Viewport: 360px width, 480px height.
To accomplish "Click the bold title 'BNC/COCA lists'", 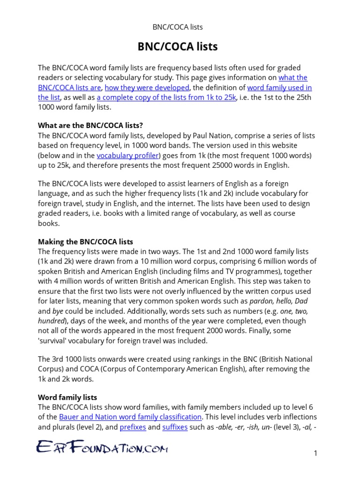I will pyautogui.click(x=177, y=46).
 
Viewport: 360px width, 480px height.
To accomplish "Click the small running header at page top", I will pyautogui.click(x=177, y=27).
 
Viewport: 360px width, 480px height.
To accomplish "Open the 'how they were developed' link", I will pyautogui.click(x=147, y=88).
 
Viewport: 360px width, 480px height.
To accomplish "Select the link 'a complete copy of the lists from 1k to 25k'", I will pyautogui.click(x=166, y=97).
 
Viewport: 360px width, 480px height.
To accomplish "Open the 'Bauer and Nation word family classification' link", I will pyautogui.click(x=130, y=417).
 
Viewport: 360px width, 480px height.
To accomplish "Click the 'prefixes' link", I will pyautogui.click(x=133, y=427).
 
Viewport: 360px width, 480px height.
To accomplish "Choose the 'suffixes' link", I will pyautogui.click(x=175, y=427).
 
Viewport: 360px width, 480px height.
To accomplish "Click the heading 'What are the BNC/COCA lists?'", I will pyautogui.click(x=90, y=126).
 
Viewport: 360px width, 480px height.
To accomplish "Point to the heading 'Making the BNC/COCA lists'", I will pyautogui.click(x=85, y=242).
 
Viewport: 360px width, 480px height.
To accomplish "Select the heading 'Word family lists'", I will pyautogui.click(x=67, y=397).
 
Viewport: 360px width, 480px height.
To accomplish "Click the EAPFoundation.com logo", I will pyautogui.click(x=102, y=448).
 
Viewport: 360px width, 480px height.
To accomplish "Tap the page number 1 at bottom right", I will pyautogui.click(x=316, y=453).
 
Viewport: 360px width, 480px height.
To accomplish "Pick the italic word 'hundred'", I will pyautogui.click(x=51, y=321).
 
